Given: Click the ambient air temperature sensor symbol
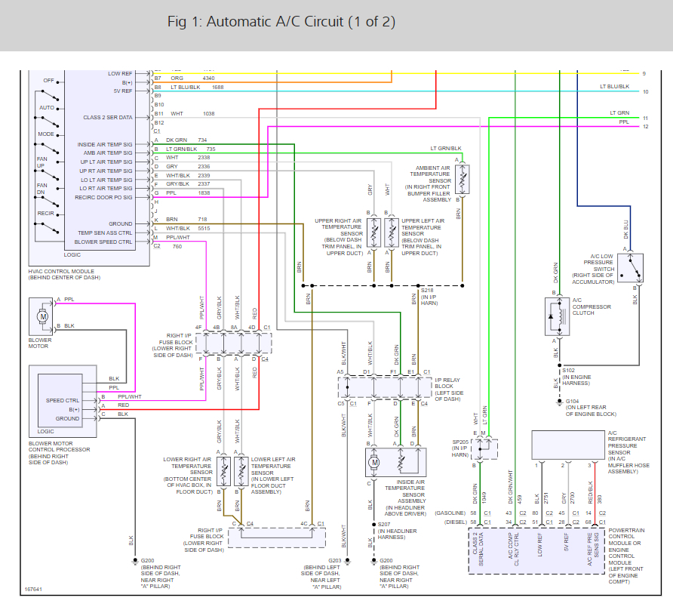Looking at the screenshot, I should (x=462, y=177).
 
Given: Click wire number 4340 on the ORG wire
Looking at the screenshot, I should (x=209, y=78).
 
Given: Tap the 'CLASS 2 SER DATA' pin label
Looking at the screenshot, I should (x=107, y=117).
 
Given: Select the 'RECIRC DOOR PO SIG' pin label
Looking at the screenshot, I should (x=103, y=197).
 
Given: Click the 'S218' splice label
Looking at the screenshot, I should (x=427, y=291).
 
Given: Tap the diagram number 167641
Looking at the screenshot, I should (x=33, y=587).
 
